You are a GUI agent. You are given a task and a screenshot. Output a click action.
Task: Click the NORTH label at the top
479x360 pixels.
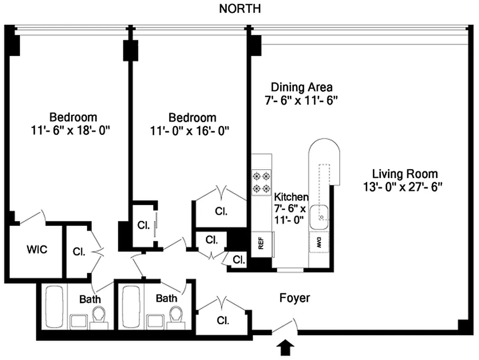pyautogui.click(x=239, y=9)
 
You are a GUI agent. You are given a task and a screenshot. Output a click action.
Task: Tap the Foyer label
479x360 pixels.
pyautogui.click(x=294, y=298)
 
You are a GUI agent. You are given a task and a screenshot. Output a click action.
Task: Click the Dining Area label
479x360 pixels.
pyautogui.click(x=301, y=87)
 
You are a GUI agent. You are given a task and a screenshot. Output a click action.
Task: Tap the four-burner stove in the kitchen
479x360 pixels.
pyautogui.click(x=262, y=182)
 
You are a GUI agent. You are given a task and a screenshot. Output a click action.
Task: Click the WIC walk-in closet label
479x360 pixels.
pyautogui.click(x=37, y=250)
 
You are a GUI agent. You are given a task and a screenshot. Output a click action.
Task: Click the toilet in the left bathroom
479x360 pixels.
pyautogui.click(x=99, y=315)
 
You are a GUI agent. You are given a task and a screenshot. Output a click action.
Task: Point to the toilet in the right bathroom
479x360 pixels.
pyautogui.click(x=176, y=315)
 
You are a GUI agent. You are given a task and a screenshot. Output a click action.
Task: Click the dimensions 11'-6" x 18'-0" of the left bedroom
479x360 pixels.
pyautogui.click(x=73, y=130)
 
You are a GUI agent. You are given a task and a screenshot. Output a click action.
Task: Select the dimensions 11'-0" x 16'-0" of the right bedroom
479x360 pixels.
pyautogui.click(x=192, y=130)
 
